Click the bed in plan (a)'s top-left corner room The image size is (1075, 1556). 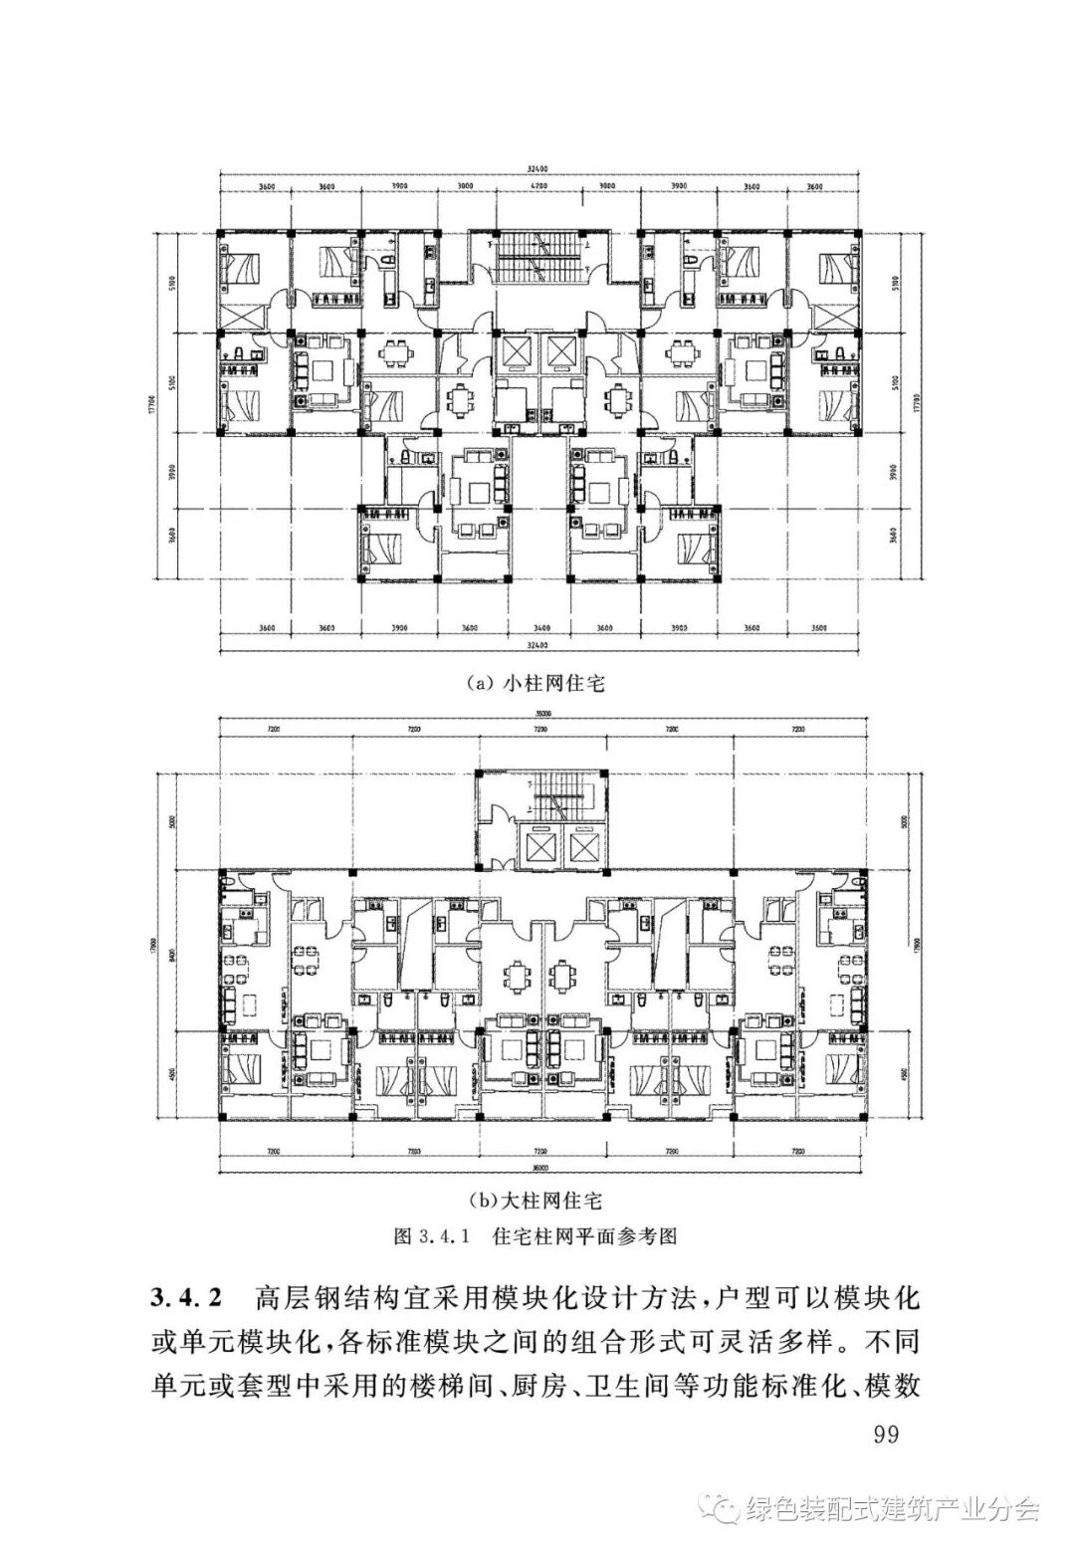pyautogui.click(x=242, y=268)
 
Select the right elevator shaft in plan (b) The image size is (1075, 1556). pyautogui.click(x=580, y=845)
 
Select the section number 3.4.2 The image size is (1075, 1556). pyautogui.click(x=188, y=1299)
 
